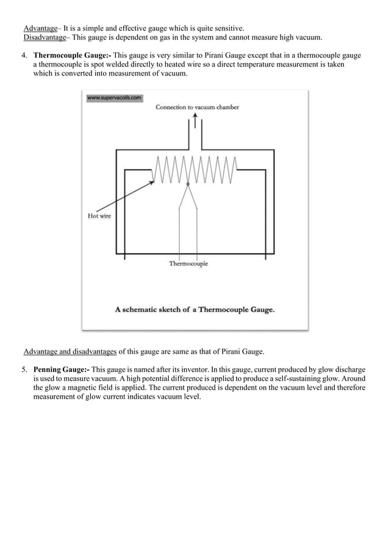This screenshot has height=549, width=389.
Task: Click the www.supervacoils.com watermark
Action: [x=115, y=97]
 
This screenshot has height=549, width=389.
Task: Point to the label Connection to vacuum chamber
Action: [x=197, y=108]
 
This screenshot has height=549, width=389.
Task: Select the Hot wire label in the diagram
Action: [x=99, y=216]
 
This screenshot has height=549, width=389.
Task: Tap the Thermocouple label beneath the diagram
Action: [x=188, y=264]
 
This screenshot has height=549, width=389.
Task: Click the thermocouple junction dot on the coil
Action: [x=188, y=183]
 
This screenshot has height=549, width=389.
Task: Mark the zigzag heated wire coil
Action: [x=195, y=169]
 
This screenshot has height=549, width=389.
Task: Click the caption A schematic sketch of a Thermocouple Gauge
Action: [x=194, y=309]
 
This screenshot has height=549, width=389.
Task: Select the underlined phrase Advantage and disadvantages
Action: [x=70, y=351]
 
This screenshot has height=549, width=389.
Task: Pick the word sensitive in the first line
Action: [x=228, y=28]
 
